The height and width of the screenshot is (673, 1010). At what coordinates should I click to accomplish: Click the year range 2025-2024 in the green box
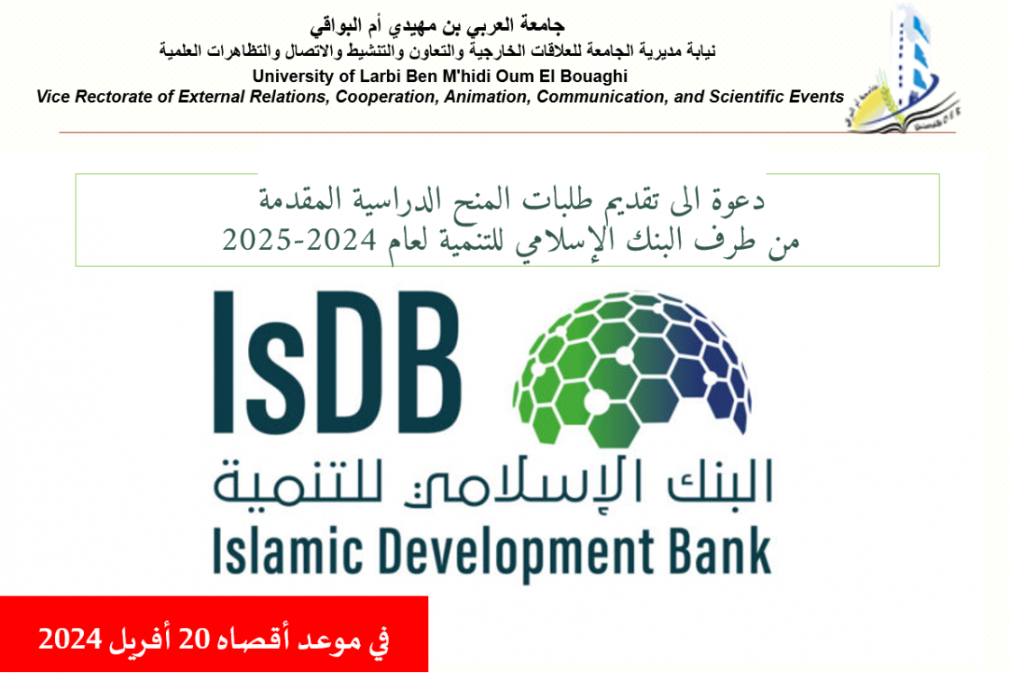[x=298, y=240]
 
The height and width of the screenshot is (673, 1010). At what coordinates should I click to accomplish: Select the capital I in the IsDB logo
[x=223, y=362]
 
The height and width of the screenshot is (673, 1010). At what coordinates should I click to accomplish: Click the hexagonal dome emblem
[x=632, y=369]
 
